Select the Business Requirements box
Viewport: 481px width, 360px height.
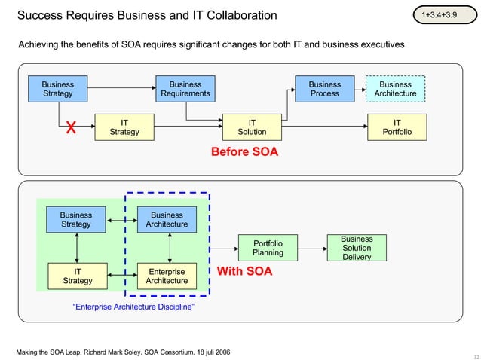pos(185,90)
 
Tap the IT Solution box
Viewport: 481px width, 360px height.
pos(252,127)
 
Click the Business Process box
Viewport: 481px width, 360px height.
pos(324,90)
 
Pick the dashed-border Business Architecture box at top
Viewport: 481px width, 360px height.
pos(395,90)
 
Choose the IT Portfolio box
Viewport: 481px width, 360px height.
pos(397,127)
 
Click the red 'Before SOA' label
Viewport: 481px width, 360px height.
pos(244,152)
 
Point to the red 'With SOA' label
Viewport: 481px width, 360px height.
pos(244,271)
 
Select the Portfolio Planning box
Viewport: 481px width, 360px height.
pos(268,249)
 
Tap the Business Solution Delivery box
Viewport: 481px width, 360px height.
pos(357,248)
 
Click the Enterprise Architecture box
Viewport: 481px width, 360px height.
pos(167,276)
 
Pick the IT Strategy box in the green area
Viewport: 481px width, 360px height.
pos(77,276)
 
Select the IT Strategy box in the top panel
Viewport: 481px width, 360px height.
pos(124,127)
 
